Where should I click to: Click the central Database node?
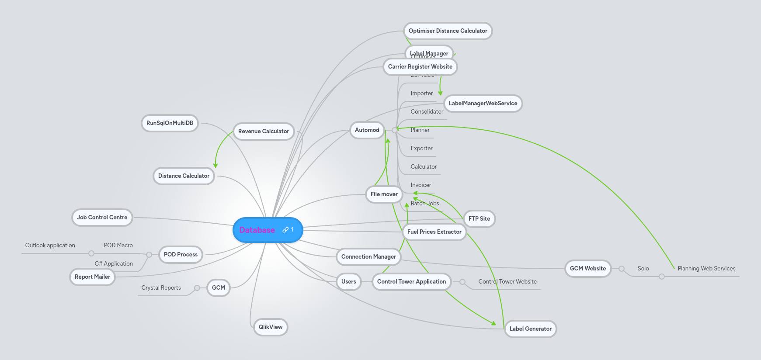point(258,230)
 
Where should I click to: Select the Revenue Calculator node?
point(264,131)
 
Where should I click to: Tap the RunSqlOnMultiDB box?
point(170,123)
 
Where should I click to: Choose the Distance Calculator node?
point(184,176)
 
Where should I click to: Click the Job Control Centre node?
point(102,217)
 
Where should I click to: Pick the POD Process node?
point(181,254)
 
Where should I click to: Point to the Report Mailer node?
point(92,277)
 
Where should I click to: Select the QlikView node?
point(271,327)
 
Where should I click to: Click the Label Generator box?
point(530,329)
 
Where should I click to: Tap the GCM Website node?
point(587,268)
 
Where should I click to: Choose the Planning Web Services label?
point(706,268)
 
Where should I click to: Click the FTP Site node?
point(479,218)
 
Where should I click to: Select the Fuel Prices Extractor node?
point(434,232)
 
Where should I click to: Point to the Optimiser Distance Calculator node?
point(448,31)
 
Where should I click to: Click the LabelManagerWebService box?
point(483,103)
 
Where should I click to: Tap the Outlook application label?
point(50,245)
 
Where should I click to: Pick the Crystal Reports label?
point(161,287)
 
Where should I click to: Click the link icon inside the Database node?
point(285,229)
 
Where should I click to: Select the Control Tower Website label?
point(507,281)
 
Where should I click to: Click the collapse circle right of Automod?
point(395,130)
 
